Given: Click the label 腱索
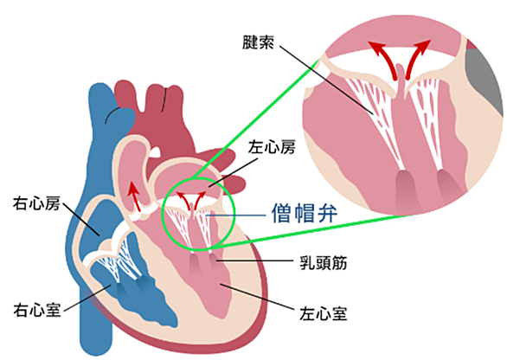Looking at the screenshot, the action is click(x=258, y=42).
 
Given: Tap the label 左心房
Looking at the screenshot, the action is click(x=272, y=147).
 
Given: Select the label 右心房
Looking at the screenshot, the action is click(x=36, y=203).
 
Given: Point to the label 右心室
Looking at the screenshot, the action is click(x=36, y=310).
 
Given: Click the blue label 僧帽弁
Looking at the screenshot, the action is click(x=305, y=214).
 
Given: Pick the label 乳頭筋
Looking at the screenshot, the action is click(x=324, y=262).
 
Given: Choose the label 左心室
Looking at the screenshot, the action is click(x=324, y=313).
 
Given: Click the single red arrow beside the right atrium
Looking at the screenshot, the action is click(x=134, y=196).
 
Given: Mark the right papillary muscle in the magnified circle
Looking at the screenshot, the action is click(x=448, y=186).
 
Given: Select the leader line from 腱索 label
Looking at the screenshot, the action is click(x=326, y=80).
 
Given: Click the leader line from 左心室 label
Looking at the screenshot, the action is click(x=257, y=297).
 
